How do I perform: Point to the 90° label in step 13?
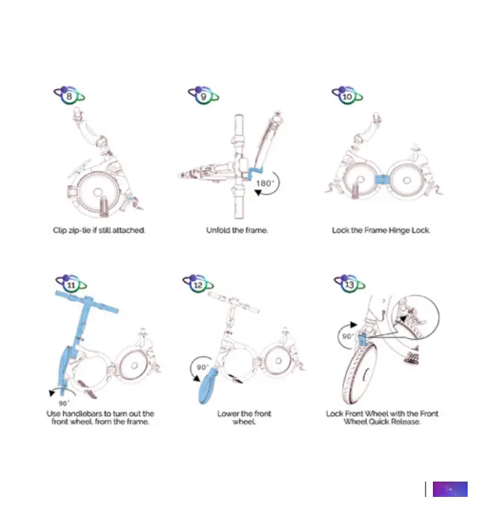point(347,337)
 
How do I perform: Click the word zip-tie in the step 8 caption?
point(89,230)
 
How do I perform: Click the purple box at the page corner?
point(450,489)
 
